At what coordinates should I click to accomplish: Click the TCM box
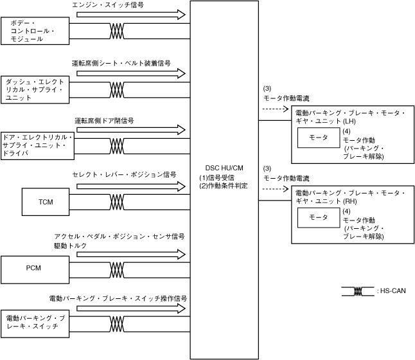tap(46, 202)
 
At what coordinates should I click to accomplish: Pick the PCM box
tap(33, 267)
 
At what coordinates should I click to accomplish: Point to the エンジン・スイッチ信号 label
tap(108, 4)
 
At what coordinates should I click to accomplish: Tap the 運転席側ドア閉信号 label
tap(104, 120)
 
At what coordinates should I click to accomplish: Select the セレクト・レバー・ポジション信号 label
tap(125, 174)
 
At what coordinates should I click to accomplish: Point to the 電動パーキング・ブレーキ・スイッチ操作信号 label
tap(118, 298)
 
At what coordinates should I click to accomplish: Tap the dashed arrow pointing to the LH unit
tap(274, 109)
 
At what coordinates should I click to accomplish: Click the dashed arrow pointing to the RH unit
tap(274, 189)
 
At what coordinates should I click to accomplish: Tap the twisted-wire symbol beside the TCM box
tap(117, 203)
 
